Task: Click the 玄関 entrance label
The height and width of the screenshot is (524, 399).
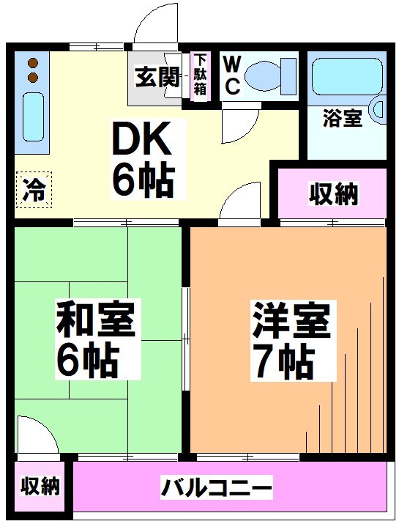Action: click(156, 77)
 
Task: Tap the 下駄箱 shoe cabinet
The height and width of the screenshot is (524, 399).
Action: click(200, 76)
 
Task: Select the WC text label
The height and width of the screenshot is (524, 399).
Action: click(231, 75)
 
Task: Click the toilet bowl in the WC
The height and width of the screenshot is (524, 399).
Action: click(269, 75)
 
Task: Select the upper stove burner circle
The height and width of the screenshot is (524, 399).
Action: click(32, 63)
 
